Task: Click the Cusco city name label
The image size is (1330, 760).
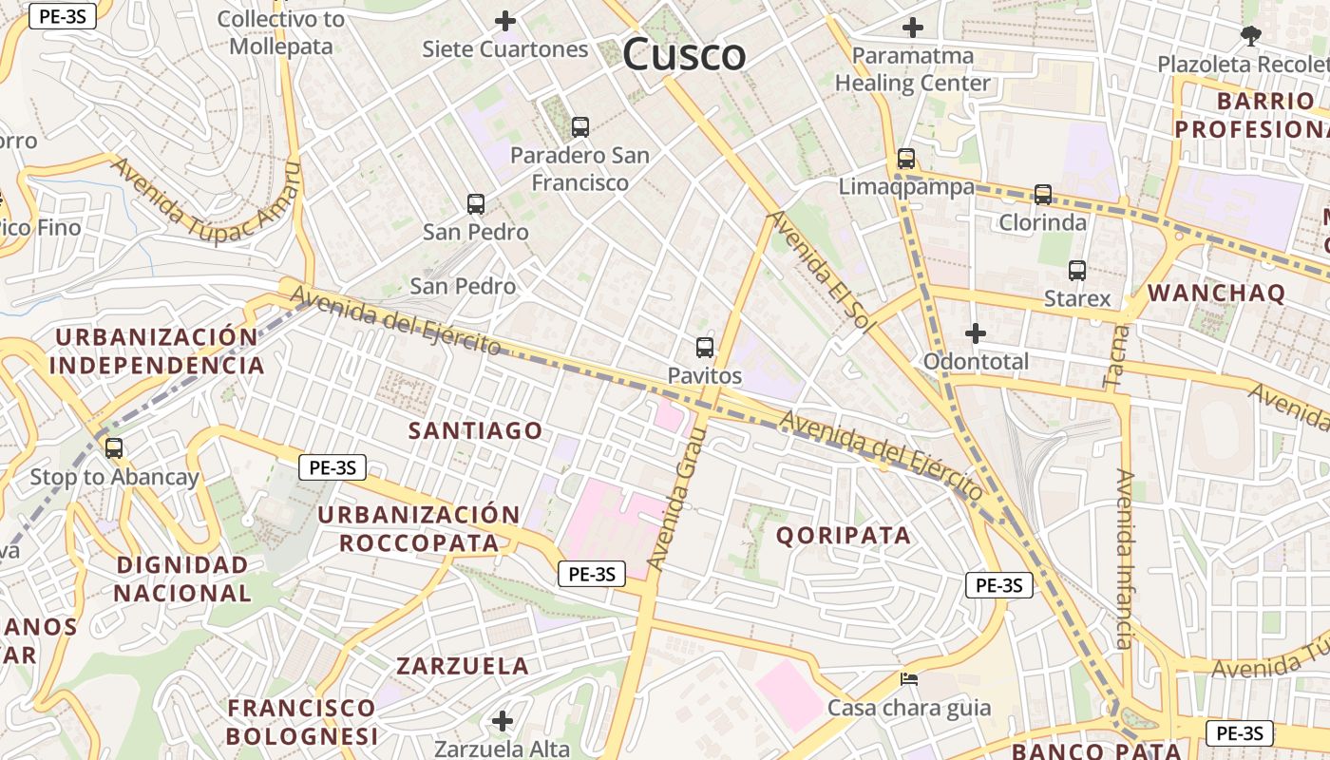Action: pyautogui.click(x=684, y=54)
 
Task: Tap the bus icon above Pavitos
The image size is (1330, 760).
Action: pyautogui.click(x=704, y=348)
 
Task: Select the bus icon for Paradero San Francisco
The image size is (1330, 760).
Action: pyautogui.click(x=579, y=126)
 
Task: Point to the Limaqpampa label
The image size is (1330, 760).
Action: pyautogui.click(x=906, y=187)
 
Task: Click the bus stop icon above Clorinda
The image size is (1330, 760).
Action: pyautogui.click(x=1042, y=195)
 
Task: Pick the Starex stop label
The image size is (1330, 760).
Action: pyautogui.click(x=1077, y=298)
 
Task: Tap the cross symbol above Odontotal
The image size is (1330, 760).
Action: pyautogui.click(x=975, y=333)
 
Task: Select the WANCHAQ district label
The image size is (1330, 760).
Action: pyautogui.click(x=1216, y=293)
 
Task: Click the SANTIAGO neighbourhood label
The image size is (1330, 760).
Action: pyautogui.click(x=475, y=430)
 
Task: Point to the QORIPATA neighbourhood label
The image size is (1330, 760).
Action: pyautogui.click(x=844, y=535)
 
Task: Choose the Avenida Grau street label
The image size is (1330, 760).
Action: pyautogui.click(x=676, y=500)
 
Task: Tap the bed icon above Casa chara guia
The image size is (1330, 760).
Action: pyautogui.click(x=909, y=679)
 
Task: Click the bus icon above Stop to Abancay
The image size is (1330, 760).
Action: pyautogui.click(x=114, y=448)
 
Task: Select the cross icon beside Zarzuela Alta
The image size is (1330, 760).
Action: pyautogui.click(x=503, y=721)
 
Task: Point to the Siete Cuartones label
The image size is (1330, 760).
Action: pyautogui.click(x=505, y=49)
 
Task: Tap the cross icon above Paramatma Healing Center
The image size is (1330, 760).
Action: pyautogui.click(x=912, y=28)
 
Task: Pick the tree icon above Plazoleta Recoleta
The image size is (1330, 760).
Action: pyautogui.click(x=1250, y=36)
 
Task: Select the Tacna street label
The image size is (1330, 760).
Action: pyautogui.click(x=1117, y=356)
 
